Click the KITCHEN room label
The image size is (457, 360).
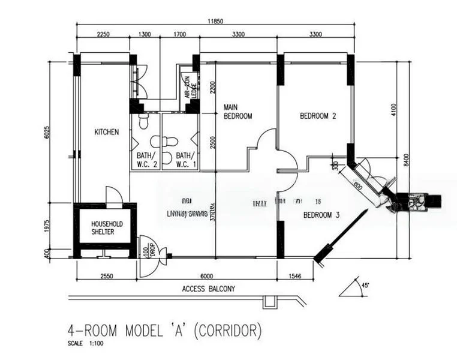106,132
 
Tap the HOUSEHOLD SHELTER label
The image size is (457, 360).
106,227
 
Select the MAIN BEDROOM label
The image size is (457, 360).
237,112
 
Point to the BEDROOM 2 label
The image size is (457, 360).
317,116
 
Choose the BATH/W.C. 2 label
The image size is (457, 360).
146,158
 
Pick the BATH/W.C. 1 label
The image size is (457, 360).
181,158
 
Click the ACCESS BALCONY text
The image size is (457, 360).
208,289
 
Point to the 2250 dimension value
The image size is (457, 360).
103,35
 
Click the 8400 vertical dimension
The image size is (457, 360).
407,159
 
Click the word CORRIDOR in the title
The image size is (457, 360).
228,330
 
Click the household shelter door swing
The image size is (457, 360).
114,194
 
